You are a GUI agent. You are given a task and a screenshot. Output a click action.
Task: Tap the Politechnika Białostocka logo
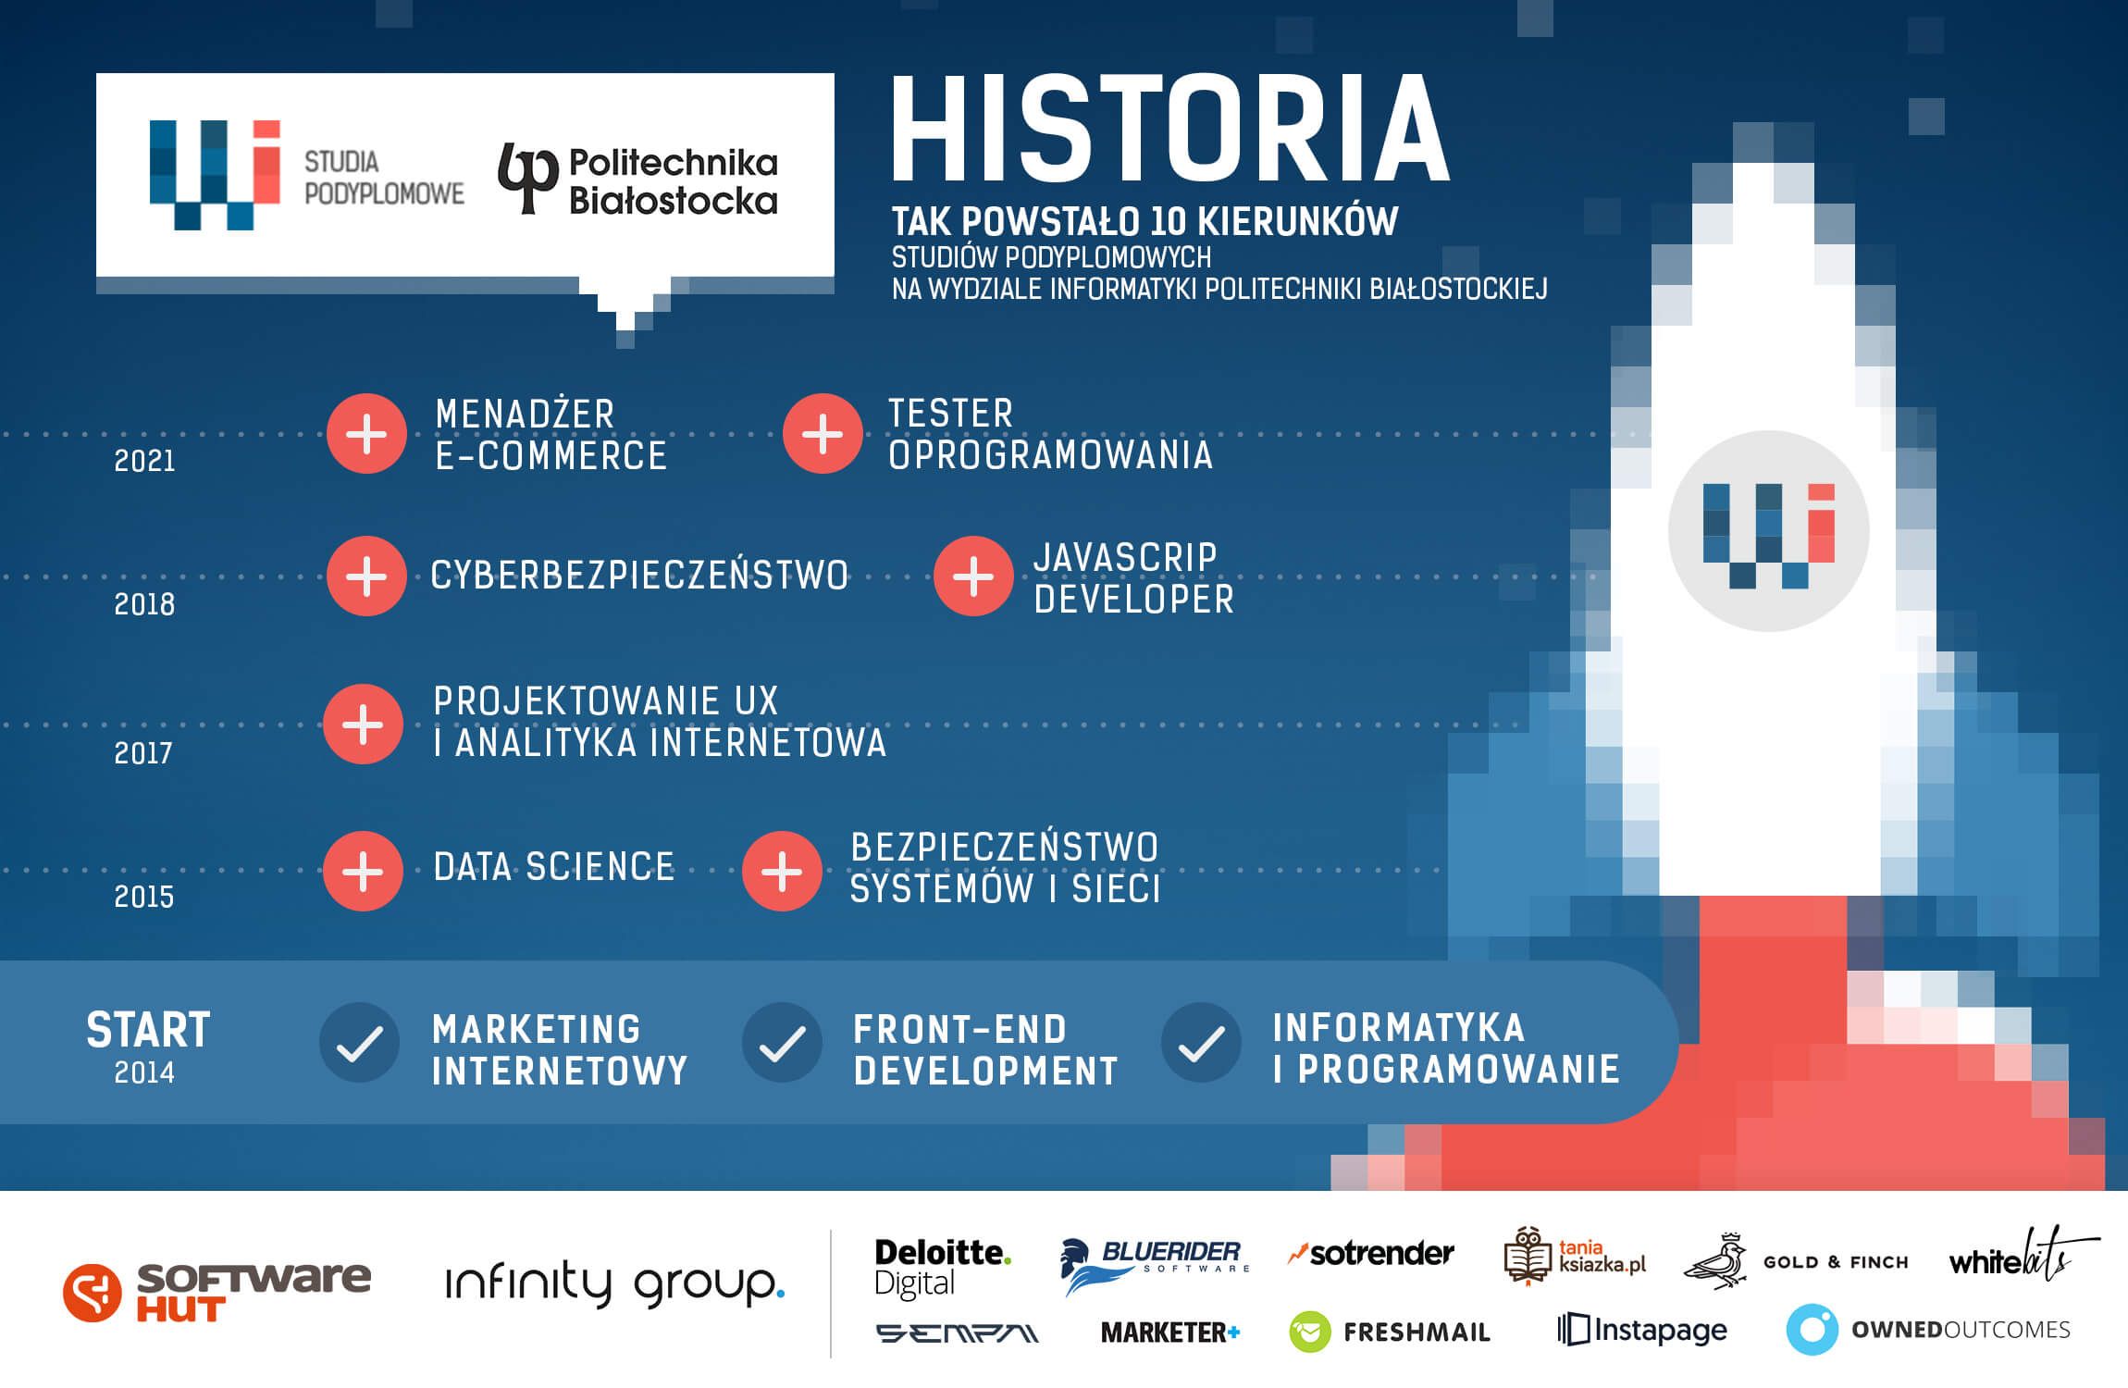[x=638, y=180]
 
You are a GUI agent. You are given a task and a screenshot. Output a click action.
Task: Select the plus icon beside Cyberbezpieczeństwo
[x=366, y=576]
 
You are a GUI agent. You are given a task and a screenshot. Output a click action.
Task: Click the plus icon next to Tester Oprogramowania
[x=823, y=433]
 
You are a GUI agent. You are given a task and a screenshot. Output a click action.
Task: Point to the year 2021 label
[x=144, y=461]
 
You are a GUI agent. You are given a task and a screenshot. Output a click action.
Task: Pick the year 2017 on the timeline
[x=143, y=753]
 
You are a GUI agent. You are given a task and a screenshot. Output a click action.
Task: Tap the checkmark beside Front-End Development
[x=782, y=1043]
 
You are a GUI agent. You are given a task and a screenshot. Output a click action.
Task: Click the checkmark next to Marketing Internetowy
[x=359, y=1043]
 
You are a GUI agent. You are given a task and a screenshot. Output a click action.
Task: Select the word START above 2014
[x=148, y=1030]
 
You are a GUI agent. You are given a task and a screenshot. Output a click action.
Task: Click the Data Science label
[x=553, y=867]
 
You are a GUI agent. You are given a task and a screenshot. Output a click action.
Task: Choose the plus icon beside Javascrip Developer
[x=973, y=576]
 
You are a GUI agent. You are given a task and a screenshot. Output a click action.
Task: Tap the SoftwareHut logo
[x=217, y=1292]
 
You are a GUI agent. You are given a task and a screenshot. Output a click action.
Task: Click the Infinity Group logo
[x=615, y=1284]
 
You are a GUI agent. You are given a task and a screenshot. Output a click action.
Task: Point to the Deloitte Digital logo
[x=943, y=1269]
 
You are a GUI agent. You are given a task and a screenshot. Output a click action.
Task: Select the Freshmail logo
[x=1390, y=1332]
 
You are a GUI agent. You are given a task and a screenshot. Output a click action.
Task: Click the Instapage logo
[x=1642, y=1330]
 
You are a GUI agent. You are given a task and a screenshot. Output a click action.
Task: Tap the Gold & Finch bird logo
[x=1714, y=1261]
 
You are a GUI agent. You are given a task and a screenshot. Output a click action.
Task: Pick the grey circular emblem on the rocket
[x=1768, y=531]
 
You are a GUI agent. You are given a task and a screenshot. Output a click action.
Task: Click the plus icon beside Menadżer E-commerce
[x=366, y=433]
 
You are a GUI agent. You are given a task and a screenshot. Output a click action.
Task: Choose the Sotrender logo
[x=1371, y=1254]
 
